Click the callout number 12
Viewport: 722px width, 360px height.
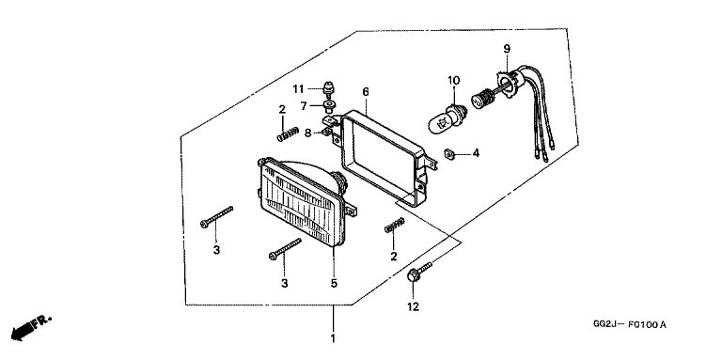coord(413,307)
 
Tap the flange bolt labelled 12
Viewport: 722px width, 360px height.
coord(419,272)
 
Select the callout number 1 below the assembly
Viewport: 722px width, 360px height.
coord(333,339)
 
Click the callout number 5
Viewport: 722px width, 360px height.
coord(334,284)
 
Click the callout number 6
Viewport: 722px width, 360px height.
coord(366,92)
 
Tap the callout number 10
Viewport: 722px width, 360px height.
coord(454,81)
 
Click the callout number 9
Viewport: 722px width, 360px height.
coord(507,49)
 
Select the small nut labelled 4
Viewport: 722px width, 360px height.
coord(450,154)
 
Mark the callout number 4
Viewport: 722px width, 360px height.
coord(476,153)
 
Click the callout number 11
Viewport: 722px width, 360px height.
coord(299,89)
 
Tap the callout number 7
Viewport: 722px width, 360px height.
coord(304,106)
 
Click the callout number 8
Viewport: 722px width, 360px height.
coord(308,133)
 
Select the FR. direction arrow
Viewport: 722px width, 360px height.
coord(31,327)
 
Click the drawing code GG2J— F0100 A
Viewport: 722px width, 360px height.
coord(630,325)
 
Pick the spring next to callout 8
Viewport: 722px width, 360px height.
coord(289,134)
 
